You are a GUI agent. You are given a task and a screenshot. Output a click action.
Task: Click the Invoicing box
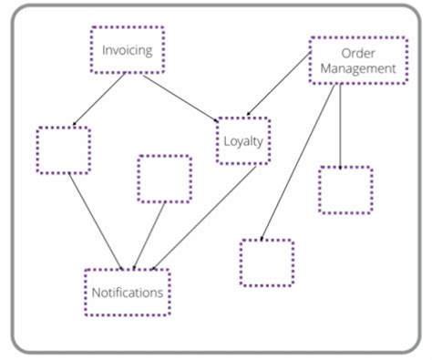coord(128,50)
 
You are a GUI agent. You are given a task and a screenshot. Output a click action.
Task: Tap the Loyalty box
coord(243,140)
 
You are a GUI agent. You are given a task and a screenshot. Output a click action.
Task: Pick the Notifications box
coord(128,292)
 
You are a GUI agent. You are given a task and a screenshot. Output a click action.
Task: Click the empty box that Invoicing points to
coord(63,149)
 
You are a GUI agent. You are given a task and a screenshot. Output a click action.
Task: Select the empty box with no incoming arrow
coord(164,179)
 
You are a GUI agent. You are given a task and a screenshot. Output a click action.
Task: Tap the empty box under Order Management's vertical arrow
coord(345,190)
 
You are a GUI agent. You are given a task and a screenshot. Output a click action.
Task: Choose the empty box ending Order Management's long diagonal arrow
coord(266,262)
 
